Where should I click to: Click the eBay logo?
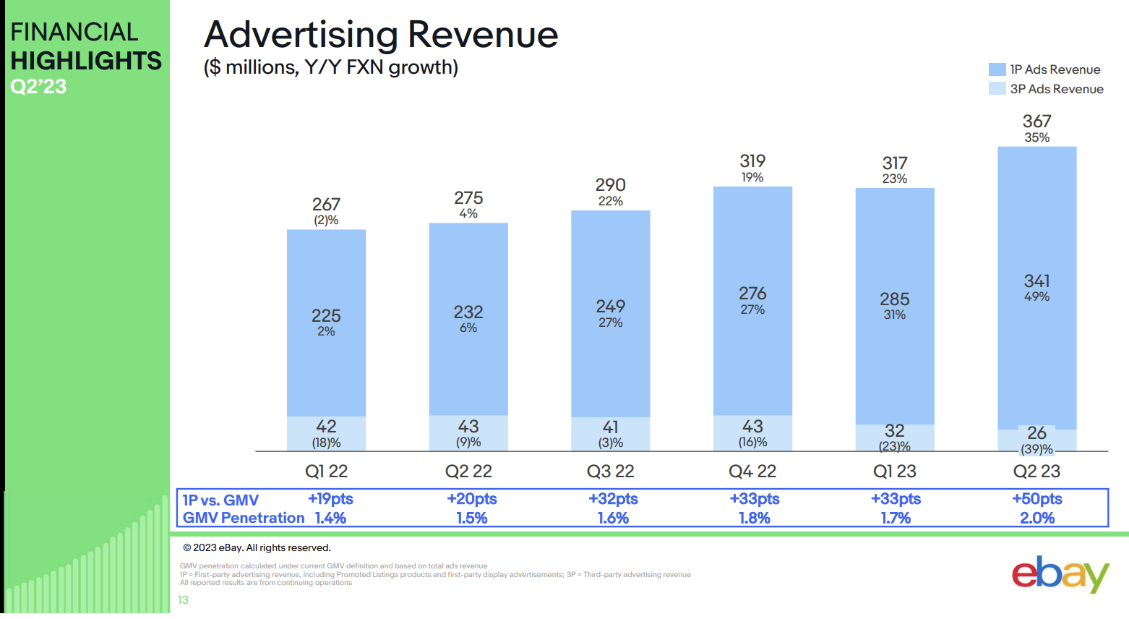(1060, 574)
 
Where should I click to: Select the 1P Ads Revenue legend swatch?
(997, 69)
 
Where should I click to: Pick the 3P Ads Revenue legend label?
(1056, 89)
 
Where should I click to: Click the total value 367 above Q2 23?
(1036, 121)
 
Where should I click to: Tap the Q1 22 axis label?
(326, 471)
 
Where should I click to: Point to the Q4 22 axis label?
(752, 471)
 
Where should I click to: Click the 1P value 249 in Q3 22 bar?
(610, 307)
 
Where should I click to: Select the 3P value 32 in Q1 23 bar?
(894, 431)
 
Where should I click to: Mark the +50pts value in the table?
(1036, 499)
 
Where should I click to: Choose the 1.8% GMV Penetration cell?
(754, 518)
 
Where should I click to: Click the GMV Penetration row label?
(243, 518)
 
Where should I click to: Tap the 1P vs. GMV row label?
(220, 500)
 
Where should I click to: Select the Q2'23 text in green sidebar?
(38, 87)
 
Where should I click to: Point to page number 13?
(183, 599)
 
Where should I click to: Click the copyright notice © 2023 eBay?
(257, 547)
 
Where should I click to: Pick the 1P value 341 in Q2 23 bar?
(1036, 281)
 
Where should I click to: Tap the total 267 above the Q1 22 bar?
(326, 205)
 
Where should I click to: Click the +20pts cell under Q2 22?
(471, 499)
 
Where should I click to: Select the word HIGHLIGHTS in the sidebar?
(86, 61)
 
